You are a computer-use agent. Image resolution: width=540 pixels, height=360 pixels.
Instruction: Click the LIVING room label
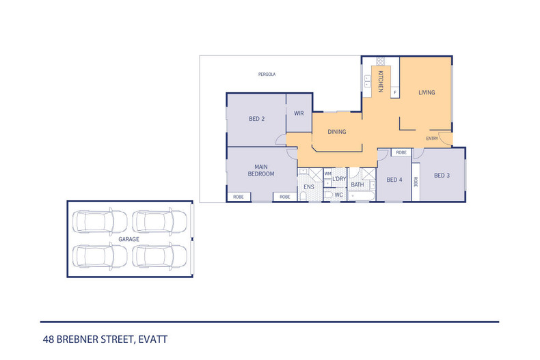pyautogui.click(x=427, y=92)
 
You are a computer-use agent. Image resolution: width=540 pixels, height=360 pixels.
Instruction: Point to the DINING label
pyautogui.click(x=336, y=132)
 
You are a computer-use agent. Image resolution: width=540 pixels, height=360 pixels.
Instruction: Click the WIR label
pyautogui.click(x=299, y=113)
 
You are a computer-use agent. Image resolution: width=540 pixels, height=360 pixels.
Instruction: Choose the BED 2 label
pyautogui.click(x=256, y=120)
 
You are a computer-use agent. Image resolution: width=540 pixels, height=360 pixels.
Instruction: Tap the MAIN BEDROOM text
pyautogui.click(x=265, y=170)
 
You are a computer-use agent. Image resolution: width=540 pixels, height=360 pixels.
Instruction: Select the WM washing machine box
pyautogui.click(x=327, y=174)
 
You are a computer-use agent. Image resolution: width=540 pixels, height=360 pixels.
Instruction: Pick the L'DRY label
pyautogui.click(x=339, y=179)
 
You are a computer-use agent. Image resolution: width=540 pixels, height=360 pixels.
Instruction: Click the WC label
pyautogui.click(x=338, y=195)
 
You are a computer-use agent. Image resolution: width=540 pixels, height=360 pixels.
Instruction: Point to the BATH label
pyautogui.click(x=357, y=184)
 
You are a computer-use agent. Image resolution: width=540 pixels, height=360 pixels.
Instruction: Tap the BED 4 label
pyautogui.click(x=394, y=180)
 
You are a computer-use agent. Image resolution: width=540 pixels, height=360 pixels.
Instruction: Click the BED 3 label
pyautogui.click(x=442, y=175)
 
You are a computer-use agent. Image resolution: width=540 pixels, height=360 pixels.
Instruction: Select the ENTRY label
pyautogui.click(x=432, y=139)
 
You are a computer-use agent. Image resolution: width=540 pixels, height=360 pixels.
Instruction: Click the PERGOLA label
pyautogui.click(x=267, y=74)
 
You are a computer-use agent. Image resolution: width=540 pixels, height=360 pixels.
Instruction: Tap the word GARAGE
pyautogui.click(x=129, y=239)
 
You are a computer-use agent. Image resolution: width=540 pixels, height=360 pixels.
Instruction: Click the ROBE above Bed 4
pyautogui.click(x=401, y=152)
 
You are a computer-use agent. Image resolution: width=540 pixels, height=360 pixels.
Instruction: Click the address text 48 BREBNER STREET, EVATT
pyautogui.click(x=105, y=338)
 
